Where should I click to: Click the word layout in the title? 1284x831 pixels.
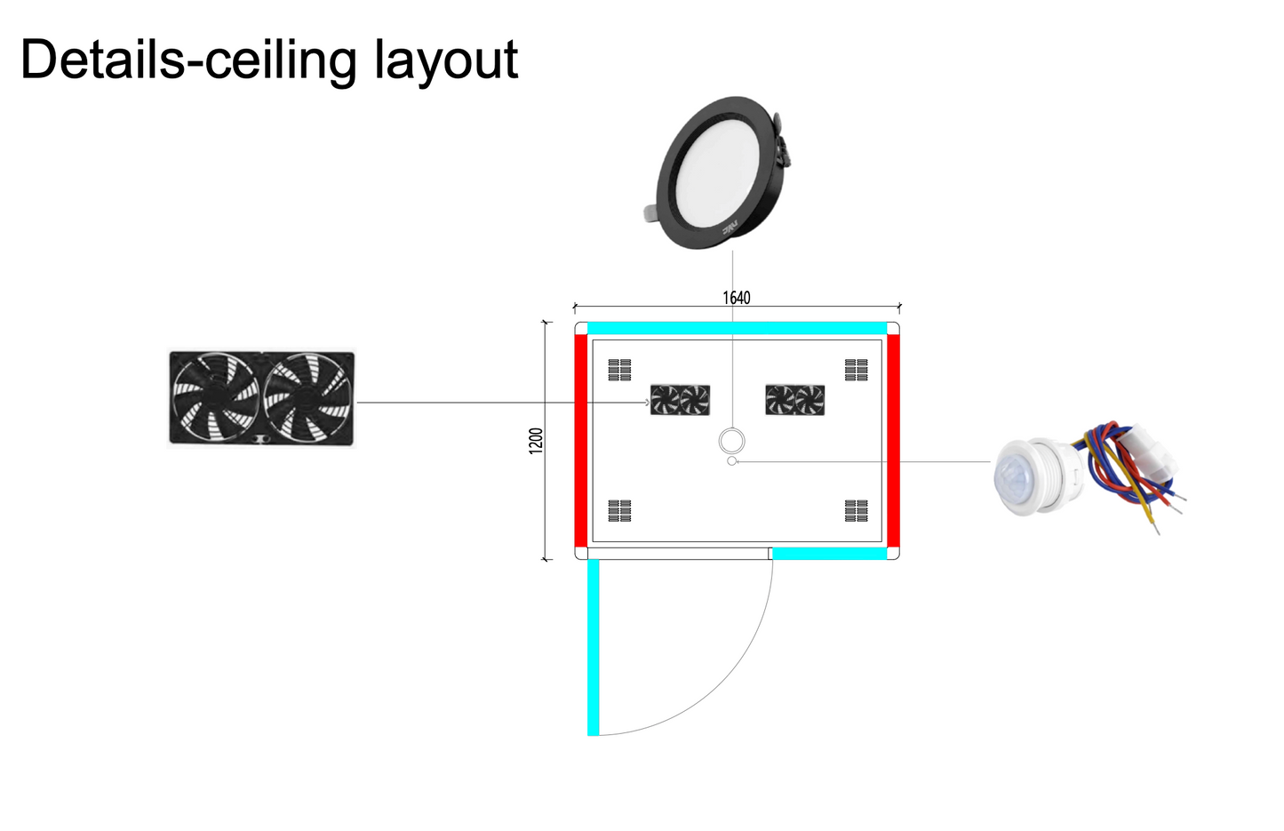pos(445,60)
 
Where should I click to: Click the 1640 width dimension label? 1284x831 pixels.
pos(736,298)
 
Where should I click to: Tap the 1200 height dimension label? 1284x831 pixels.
pos(536,441)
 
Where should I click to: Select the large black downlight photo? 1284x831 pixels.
pos(718,173)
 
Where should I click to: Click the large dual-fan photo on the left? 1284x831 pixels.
pos(261,398)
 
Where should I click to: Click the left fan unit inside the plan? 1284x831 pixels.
pos(680,400)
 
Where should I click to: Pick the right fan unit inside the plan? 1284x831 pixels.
pos(795,400)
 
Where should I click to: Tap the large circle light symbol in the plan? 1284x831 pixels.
pos(731,440)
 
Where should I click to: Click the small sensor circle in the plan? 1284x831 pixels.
pos(731,461)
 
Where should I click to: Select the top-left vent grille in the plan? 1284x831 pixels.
pos(619,370)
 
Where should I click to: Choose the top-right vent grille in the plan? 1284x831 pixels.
pos(857,370)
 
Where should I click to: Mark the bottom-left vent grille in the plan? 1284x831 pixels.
pos(619,510)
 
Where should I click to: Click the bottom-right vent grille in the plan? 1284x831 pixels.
pos(857,510)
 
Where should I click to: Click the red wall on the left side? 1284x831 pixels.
pos(581,440)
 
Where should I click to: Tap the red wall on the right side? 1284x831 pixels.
pos(893,440)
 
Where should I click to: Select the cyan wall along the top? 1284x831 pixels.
pos(737,328)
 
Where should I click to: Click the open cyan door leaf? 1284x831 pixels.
pos(594,647)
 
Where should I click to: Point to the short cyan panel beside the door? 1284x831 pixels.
pos(829,554)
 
